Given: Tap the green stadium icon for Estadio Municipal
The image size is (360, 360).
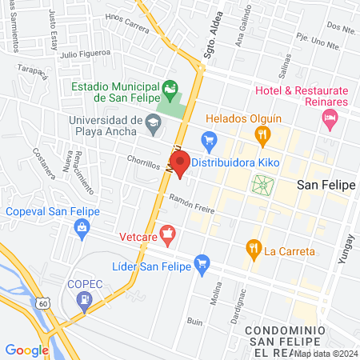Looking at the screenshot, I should coord(169,86).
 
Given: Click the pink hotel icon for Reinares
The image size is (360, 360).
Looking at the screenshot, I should coord(328,118).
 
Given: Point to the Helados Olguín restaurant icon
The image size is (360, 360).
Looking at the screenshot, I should coord(261,138).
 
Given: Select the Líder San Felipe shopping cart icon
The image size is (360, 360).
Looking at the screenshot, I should coord(202,262).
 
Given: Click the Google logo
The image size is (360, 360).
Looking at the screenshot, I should coord(27,350).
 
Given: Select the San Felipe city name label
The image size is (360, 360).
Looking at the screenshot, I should coord(326,185).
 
